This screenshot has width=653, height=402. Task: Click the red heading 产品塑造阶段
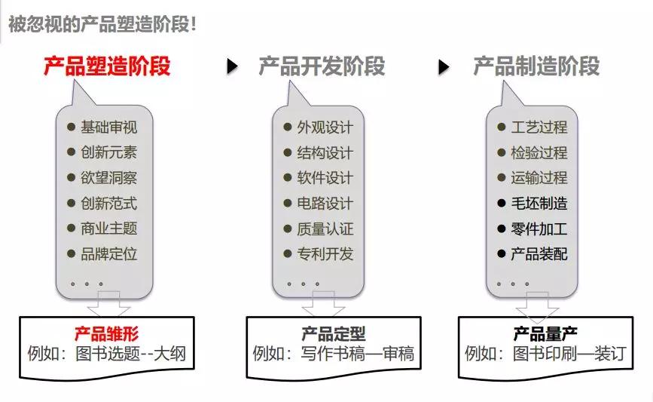(x=106, y=66)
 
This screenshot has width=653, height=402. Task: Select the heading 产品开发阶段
(x=322, y=66)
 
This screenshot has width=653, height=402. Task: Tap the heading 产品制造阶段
(x=536, y=66)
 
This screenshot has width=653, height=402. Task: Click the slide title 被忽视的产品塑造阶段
(x=102, y=23)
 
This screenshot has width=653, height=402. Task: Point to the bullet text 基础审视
(x=108, y=127)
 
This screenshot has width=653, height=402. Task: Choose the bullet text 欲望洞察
(x=108, y=178)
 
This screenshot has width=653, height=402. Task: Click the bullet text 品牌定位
(x=108, y=254)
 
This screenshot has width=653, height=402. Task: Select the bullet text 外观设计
(x=325, y=127)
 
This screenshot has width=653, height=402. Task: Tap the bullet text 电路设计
(x=325, y=203)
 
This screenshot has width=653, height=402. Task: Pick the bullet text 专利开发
(x=325, y=254)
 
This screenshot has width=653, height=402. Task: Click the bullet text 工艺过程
(x=539, y=127)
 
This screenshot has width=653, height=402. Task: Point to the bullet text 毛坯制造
(x=539, y=203)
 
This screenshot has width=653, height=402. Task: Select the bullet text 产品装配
(x=539, y=254)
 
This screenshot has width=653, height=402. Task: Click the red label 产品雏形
(x=106, y=333)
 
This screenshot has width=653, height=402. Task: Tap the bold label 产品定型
(x=333, y=333)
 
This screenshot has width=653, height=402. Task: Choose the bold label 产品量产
(x=545, y=333)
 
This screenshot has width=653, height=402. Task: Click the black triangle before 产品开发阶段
(x=233, y=67)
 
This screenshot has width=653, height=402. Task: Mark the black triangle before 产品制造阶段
(x=444, y=67)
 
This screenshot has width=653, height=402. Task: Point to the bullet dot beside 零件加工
(x=502, y=229)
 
